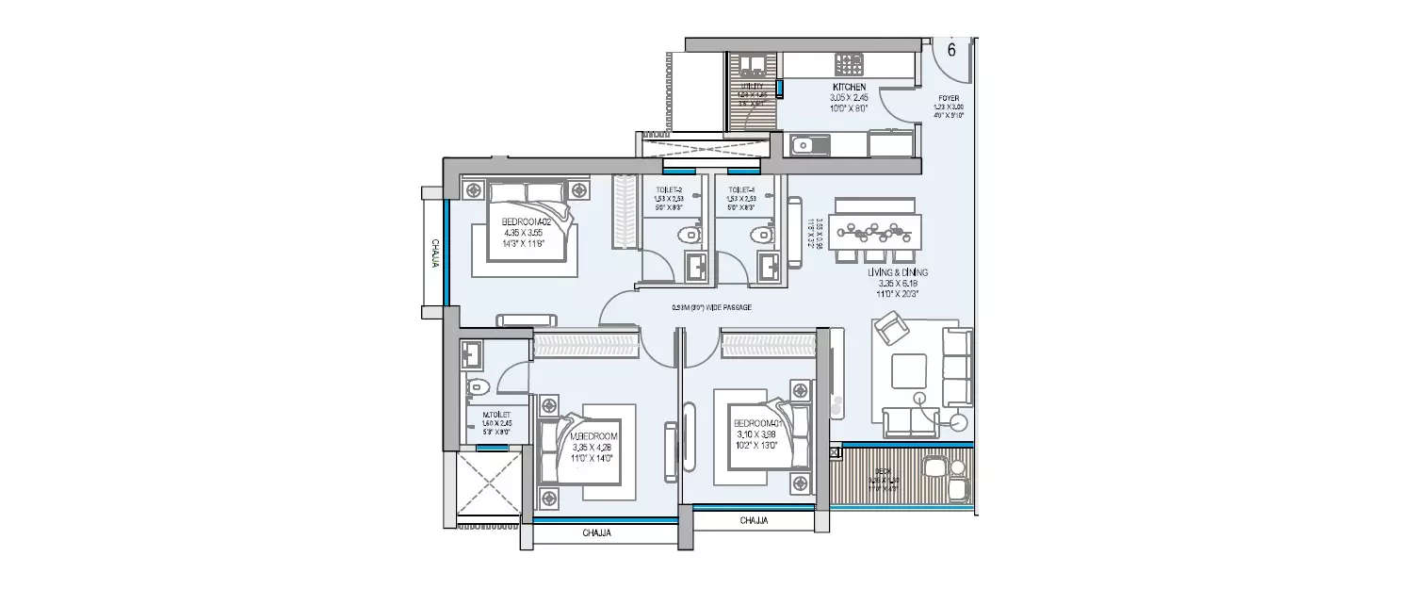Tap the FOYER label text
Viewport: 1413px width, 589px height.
click(949, 97)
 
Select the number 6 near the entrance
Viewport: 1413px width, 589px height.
click(950, 50)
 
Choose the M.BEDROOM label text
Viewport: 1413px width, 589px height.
click(594, 436)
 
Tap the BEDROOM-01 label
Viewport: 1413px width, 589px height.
click(759, 424)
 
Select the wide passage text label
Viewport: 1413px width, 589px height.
click(710, 307)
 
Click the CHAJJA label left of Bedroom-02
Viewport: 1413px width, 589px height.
click(435, 252)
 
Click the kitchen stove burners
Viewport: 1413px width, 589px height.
click(850, 64)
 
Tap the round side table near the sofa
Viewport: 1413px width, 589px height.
click(960, 421)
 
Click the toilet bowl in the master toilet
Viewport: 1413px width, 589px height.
click(479, 384)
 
